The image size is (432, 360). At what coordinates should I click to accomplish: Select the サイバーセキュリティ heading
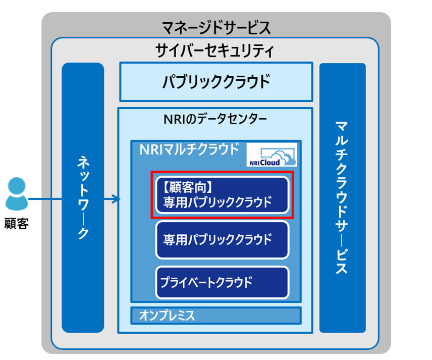point(215,50)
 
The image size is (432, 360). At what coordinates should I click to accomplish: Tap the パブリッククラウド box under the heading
point(215,81)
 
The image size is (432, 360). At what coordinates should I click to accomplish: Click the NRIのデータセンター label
point(215,120)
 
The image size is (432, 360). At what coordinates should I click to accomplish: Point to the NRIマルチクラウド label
point(189,149)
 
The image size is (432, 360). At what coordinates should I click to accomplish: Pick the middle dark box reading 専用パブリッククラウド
point(222,239)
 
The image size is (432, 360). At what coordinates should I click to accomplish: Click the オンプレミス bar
point(215,316)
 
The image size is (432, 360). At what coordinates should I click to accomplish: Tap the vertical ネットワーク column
point(83,197)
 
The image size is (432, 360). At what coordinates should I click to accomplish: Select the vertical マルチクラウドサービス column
point(342,197)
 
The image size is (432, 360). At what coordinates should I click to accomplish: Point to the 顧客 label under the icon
point(16,223)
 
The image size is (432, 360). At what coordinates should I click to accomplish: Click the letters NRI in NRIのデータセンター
point(173,120)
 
